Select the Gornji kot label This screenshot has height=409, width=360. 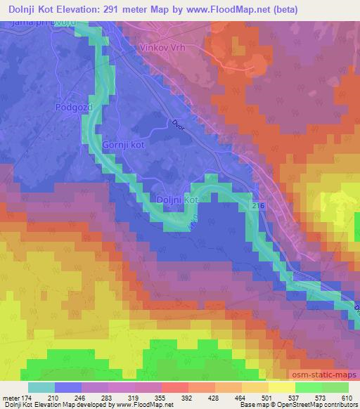[123, 144]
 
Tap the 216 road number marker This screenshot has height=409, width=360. [258, 205]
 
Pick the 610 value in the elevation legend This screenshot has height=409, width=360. [345, 398]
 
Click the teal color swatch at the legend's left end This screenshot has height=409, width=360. [41, 387]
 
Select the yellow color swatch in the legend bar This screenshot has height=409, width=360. [281, 387]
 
